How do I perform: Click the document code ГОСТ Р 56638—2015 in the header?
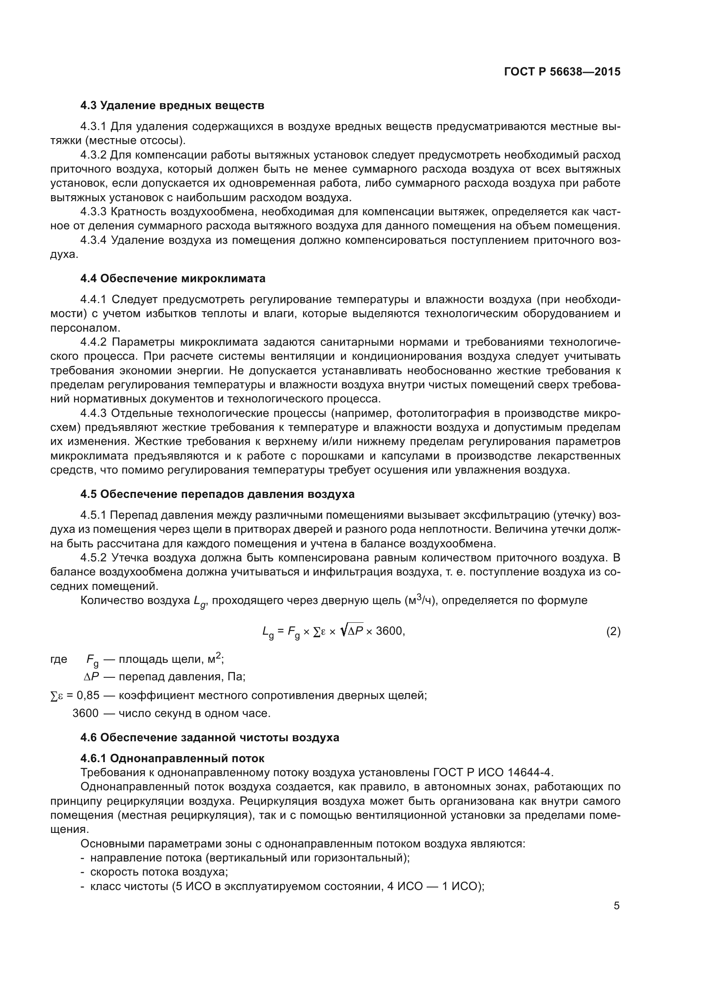(x=562, y=72)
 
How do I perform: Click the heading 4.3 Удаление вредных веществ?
(x=172, y=106)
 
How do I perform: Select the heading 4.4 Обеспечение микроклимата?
(x=173, y=278)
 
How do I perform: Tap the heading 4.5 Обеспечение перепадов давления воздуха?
(x=217, y=494)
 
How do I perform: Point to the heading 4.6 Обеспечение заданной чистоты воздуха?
(x=210, y=737)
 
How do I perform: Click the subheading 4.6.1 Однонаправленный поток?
(x=172, y=758)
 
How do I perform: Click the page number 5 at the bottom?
(x=616, y=906)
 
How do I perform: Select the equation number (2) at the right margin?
(x=613, y=631)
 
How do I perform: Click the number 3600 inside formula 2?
(x=389, y=631)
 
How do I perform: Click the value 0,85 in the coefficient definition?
(x=88, y=695)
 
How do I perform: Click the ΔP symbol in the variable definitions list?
(x=92, y=677)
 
